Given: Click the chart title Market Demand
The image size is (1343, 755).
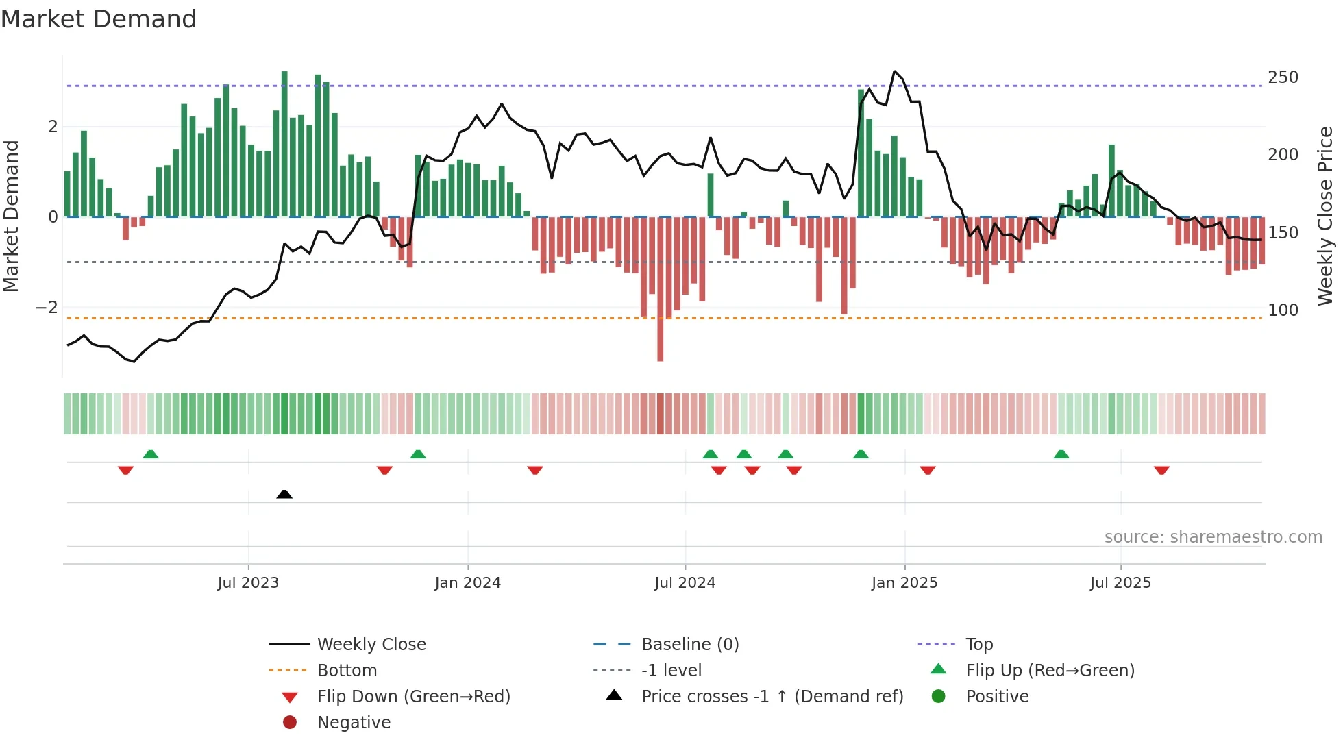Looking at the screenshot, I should [99, 19].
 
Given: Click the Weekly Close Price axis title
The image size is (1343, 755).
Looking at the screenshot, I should [1326, 216].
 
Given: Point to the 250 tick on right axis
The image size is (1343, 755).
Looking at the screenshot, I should [1283, 77].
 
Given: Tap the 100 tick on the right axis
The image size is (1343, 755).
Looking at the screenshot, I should [1283, 310].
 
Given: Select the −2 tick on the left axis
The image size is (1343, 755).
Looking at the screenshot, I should [47, 308].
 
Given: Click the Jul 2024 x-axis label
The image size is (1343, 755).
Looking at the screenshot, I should [685, 583].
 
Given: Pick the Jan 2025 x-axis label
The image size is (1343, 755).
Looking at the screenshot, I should [904, 583].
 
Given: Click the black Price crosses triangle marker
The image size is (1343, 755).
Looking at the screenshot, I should [284, 494].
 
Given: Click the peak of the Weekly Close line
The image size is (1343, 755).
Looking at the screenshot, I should [894, 71].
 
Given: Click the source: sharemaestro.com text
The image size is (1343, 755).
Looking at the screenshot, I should [1213, 537].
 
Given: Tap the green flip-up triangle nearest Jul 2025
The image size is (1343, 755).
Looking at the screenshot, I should [1061, 454].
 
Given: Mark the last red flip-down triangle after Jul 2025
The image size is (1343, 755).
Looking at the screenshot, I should [1161, 470].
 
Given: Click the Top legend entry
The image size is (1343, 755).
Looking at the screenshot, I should [978, 645].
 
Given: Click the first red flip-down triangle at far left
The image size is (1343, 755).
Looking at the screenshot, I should [125, 470].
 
